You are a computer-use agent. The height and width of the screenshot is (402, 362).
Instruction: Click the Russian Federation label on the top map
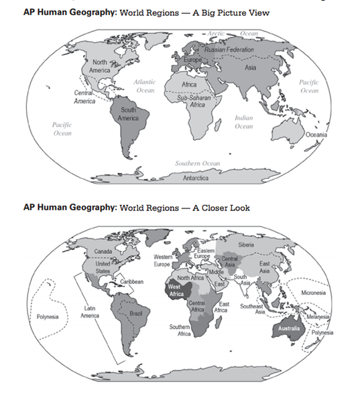coord(229,50)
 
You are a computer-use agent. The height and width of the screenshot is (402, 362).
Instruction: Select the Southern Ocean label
coord(198,163)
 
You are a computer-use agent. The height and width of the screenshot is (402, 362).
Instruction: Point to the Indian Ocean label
coord(243,121)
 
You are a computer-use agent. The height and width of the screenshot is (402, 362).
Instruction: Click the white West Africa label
coord(176,290)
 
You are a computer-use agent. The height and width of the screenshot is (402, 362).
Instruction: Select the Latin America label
coord(92,311)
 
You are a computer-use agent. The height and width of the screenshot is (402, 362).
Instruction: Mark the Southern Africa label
coord(180,330)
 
